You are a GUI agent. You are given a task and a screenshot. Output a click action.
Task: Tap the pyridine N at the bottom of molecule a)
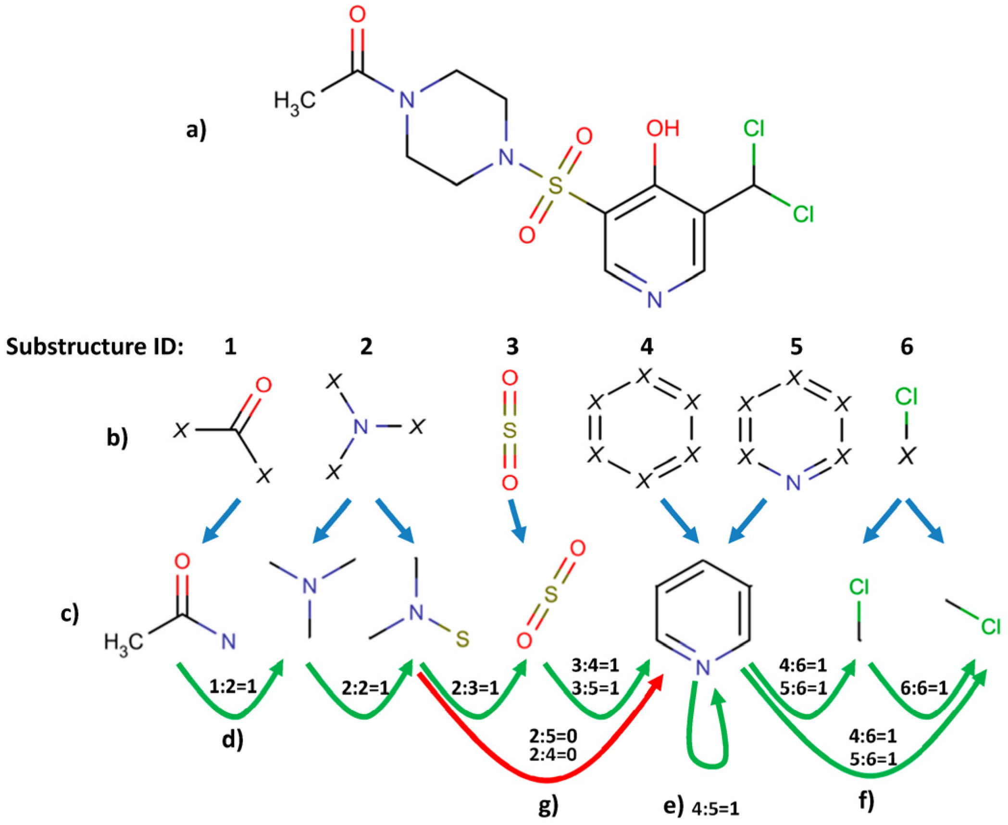[654, 299]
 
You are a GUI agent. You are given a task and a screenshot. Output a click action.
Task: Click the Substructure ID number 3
[512, 346]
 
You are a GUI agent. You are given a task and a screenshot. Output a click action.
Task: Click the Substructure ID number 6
[907, 346]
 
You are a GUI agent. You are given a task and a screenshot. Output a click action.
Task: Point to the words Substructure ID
[95, 346]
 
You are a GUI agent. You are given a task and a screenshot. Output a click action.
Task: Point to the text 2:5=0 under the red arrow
[553, 736]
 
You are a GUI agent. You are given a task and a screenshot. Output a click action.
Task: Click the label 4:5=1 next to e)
[715, 809]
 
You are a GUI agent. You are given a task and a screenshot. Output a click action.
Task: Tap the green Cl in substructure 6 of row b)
[906, 397]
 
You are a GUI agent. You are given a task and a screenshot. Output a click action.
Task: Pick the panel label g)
[548, 807]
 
